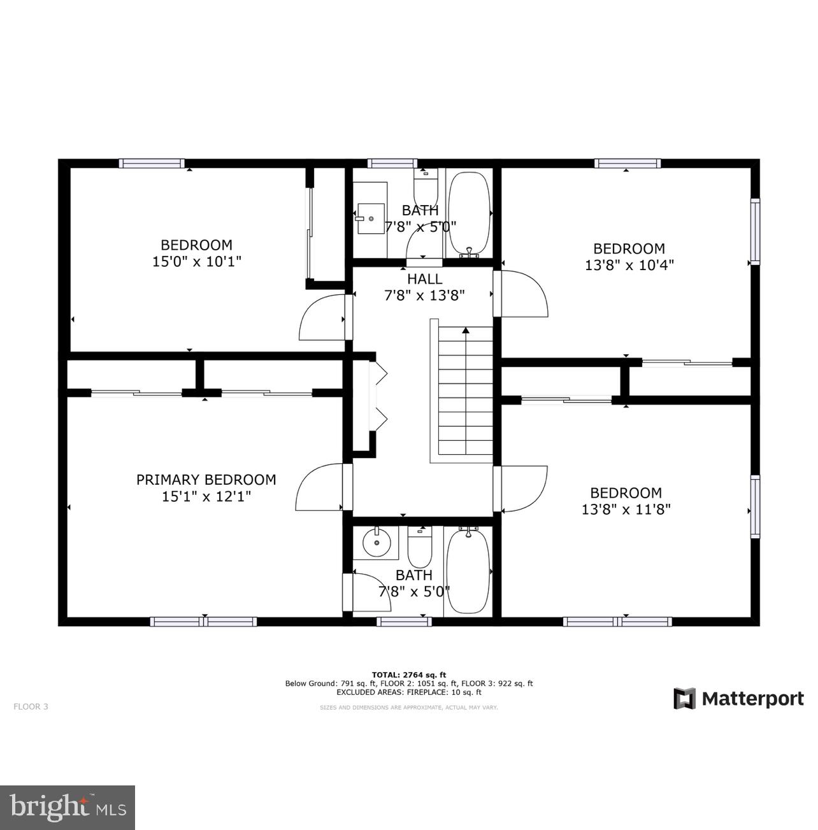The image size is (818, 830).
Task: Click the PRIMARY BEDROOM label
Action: (206, 480)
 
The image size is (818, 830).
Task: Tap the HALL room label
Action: (424, 279)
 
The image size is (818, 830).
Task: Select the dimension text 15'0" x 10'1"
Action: (196, 261)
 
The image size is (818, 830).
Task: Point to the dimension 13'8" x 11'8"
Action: (626, 510)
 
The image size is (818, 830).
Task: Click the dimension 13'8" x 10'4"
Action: (629, 265)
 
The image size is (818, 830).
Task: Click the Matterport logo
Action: (738, 699)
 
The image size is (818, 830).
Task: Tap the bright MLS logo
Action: (68, 808)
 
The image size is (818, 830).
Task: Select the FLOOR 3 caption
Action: (31, 706)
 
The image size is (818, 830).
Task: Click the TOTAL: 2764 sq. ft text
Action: (409, 675)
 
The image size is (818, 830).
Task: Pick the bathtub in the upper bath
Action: (470, 213)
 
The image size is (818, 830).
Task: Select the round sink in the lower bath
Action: (377, 543)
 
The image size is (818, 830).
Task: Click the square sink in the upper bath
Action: (371, 218)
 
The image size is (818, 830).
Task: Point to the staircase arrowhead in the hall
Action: (466, 331)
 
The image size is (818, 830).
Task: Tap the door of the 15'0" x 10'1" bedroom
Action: (324, 317)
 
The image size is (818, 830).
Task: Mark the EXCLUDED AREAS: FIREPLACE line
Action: (409, 692)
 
